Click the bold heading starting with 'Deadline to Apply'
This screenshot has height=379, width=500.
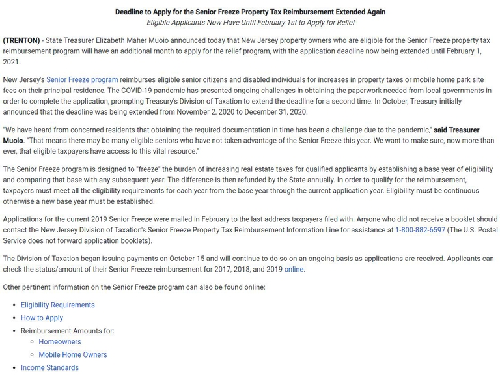(x=250, y=12)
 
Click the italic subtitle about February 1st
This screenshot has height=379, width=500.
(x=250, y=23)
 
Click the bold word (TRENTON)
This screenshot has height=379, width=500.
(x=21, y=41)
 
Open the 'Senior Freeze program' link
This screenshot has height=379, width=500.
(x=82, y=80)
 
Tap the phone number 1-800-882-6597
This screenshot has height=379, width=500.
(x=420, y=230)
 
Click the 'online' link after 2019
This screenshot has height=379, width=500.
(x=294, y=269)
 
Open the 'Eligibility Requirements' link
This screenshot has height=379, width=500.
(x=57, y=305)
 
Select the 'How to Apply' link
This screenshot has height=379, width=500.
(x=42, y=318)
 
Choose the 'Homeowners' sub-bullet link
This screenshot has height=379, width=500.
(x=60, y=342)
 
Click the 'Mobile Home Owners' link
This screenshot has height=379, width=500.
(x=72, y=355)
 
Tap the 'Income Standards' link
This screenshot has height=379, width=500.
(x=49, y=368)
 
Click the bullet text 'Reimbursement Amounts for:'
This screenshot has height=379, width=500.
(x=67, y=331)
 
